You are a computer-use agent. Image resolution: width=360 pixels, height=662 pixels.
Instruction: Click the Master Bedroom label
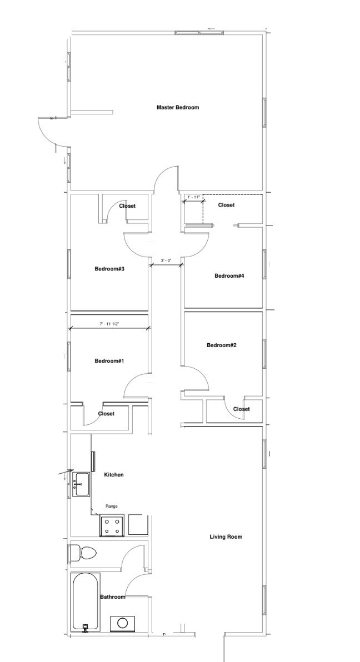[x=177, y=107]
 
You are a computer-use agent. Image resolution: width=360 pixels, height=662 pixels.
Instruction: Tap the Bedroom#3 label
[x=109, y=268]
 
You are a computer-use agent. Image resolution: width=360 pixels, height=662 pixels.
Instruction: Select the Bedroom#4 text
[x=229, y=275]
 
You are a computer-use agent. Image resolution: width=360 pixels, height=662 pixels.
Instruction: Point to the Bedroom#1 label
[x=109, y=360]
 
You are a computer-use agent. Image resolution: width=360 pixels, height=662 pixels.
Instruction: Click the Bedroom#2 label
[x=222, y=345]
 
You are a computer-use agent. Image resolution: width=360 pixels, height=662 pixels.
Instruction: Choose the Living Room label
[x=226, y=536]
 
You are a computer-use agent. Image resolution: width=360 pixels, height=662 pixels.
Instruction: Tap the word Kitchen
[x=114, y=474]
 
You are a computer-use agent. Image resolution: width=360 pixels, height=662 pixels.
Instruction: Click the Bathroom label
[x=113, y=596]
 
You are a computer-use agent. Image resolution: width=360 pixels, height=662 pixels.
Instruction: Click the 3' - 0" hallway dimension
[x=166, y=260]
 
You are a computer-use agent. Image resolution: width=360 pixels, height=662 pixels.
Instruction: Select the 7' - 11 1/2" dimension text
[x=109, y=324]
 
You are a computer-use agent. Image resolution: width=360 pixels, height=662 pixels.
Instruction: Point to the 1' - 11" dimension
[x=193, y=197]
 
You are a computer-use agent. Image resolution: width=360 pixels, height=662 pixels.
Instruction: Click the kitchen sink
[x=81, y=485]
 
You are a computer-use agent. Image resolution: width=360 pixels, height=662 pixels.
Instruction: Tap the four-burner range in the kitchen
[x=112, y=525]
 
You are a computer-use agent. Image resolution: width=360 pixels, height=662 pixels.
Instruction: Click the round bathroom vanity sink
[x=123, y=623]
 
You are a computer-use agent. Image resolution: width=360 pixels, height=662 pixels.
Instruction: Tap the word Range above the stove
[x=112, y=506]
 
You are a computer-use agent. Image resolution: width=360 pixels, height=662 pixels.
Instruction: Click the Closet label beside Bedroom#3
[x=127, y=206]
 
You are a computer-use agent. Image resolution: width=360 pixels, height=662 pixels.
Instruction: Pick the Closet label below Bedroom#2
[x=241, y=409]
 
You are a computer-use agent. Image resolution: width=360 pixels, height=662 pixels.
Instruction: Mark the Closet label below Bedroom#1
[x=106, y=413]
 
